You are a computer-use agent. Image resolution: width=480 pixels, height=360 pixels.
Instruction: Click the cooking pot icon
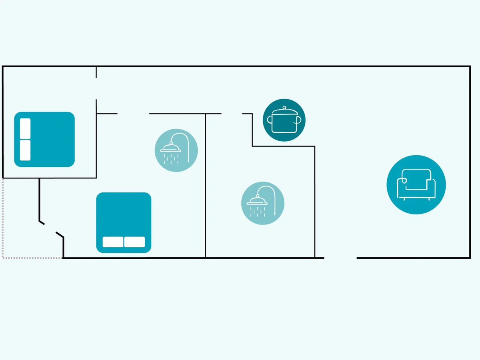[x=284, y=120]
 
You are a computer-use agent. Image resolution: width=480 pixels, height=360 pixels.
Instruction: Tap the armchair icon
[x=416, y=185]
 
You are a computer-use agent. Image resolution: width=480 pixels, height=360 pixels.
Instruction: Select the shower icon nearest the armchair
[x=263, y=203]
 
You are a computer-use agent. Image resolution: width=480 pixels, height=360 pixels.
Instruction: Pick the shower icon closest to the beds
[x=176, y=150]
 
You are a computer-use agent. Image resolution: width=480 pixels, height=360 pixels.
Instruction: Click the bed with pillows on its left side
[x=44, y=139]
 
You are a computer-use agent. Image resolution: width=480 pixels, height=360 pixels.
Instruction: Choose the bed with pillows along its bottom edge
[x=124, y=222]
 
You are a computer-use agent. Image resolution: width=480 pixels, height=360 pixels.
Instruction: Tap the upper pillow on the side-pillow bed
[x=25, y=128]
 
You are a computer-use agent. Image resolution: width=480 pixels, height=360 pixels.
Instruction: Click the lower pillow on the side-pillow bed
[x=25, y=150]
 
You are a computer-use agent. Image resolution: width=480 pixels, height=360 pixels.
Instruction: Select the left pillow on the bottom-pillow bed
[x=113, y=242]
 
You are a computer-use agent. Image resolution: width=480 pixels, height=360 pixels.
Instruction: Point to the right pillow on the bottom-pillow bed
[x=134, y=242]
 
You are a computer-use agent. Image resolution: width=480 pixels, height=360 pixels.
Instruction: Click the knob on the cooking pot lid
[x=284, y=107]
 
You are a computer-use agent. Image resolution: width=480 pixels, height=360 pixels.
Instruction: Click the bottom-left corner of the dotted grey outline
[x=3, y=258]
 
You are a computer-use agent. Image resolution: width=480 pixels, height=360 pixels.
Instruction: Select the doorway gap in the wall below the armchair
[x=340, y=258]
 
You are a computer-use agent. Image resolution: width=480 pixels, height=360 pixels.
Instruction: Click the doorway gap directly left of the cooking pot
[x=232, y=114]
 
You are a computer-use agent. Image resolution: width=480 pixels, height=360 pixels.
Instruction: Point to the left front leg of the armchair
[x=404, y=199]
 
